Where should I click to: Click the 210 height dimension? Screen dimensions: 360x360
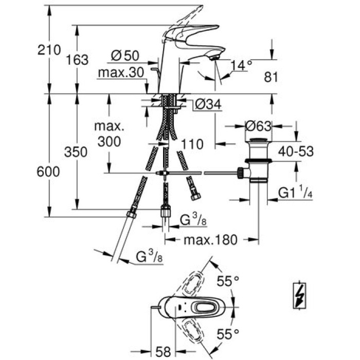click(x=49, y=49)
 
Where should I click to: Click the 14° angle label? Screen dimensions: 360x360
click(x=242, y=65)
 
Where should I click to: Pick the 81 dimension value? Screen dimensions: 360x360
click(x=271, y=77)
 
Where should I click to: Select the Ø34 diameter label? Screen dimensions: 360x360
click(x=209, y=105)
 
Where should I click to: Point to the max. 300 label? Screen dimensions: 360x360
click(x=109, y=134)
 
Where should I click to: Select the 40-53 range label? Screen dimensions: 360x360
click(x=295, y=151)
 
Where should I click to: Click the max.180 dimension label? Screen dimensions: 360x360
click(x=211, y=239)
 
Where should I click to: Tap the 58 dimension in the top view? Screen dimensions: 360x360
click(x=164, y=352)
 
